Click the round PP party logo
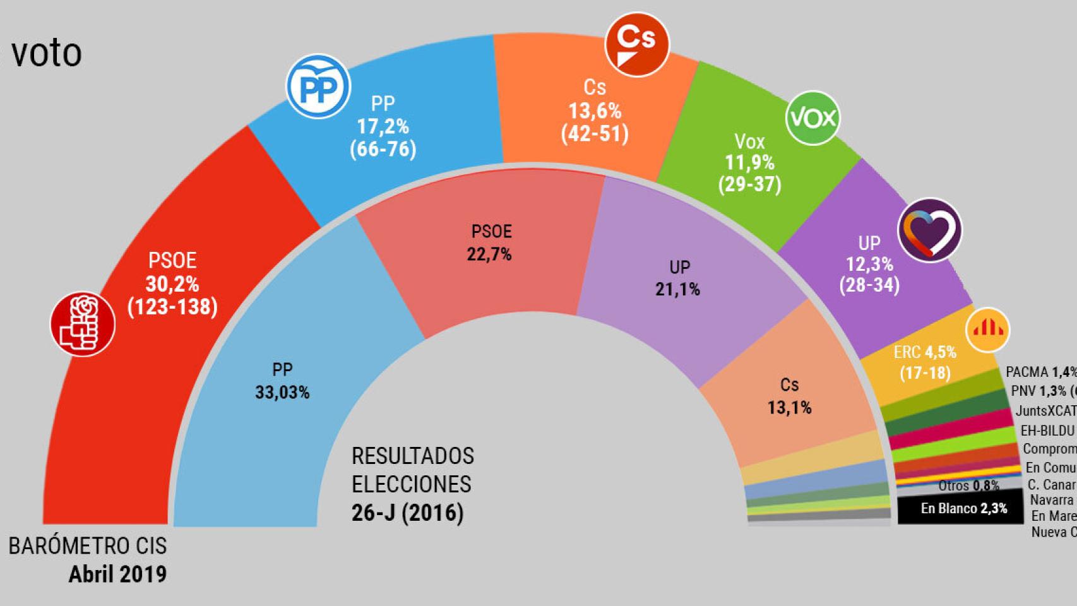(x=318, y=88)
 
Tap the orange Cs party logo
(x=636, y=45)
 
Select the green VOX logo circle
(x=813, y=118)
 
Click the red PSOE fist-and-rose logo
(x=83, y=324)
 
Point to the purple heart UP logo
(x=929, y=231)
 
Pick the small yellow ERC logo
(x=987, y=330)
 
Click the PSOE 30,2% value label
(x=172, y=284)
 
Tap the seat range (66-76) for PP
(x=383, y=150)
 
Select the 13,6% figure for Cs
(x=595, y=111)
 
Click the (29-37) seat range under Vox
(x=749, y=184)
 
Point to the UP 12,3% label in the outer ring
(x=869, y=264)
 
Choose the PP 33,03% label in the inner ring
(x=282, y=392)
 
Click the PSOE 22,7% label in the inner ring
(x=489, y=254)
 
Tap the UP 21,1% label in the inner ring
(x=678, y=289)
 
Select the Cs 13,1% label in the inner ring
(x=789, y=407)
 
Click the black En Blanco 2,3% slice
(x=960, y=509)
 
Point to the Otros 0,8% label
(x=968, y=485)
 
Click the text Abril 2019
(x=117, y=574)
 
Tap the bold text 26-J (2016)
(x=407, y=513)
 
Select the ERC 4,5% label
(x=925, y=352)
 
